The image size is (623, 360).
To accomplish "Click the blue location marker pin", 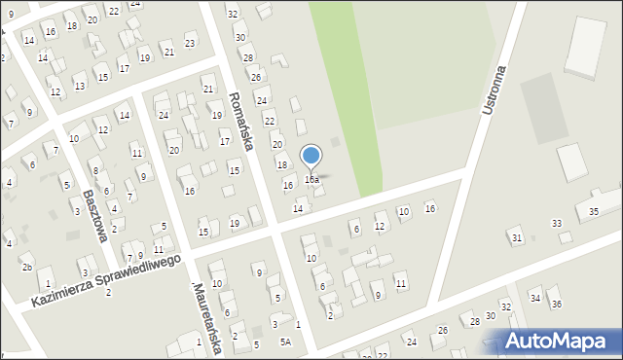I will click(311, 156).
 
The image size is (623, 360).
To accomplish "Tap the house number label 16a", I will click(311, 180).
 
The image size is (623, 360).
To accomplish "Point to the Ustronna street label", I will click(495, 90).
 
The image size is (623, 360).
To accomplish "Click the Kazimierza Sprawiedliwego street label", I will click(107, 281).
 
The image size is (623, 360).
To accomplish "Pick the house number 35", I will click(594, 211).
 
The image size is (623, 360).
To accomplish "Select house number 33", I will click(557, 223).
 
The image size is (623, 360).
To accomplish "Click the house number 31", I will click(517, 237).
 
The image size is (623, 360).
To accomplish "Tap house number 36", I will click(557, 304).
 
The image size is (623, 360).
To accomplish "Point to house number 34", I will click(534, 297).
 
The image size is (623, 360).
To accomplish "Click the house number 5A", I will click(285, 341).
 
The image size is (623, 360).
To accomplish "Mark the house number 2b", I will click(27, 268).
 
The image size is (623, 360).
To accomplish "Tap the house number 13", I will click(79, 86).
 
